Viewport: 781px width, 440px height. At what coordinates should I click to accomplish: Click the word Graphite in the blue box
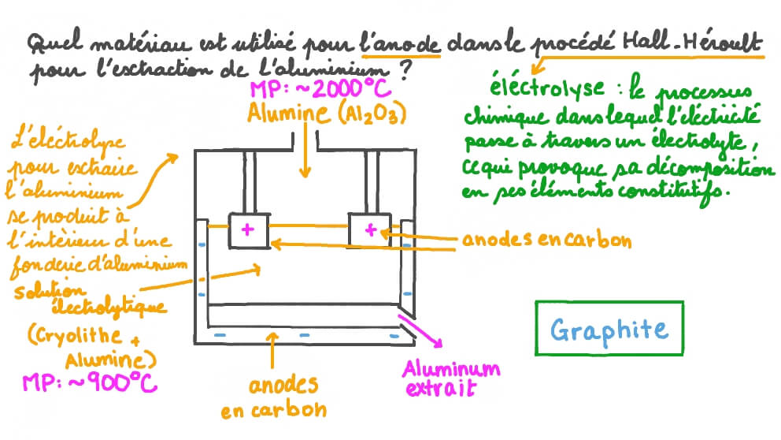coord(608,330)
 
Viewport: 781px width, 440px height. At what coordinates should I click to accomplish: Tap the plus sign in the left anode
coord(249,229)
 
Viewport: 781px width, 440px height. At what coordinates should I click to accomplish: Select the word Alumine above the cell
coord(286,114)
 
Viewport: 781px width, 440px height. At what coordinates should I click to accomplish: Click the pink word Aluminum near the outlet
coord(450,369)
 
